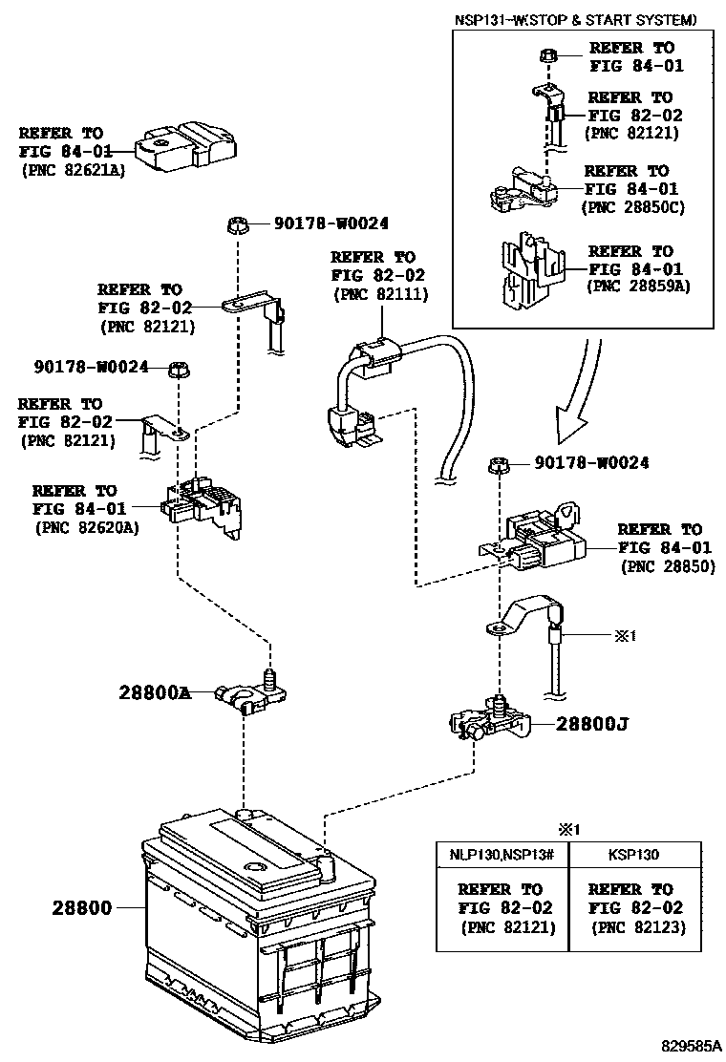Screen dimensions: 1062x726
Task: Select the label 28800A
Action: (155, 692)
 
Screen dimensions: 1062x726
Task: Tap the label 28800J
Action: (592, 724)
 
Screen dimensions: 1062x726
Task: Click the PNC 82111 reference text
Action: (380, 294)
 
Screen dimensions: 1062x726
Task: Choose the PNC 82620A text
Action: (86, 526)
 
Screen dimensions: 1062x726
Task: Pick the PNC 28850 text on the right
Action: (667, 565)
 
